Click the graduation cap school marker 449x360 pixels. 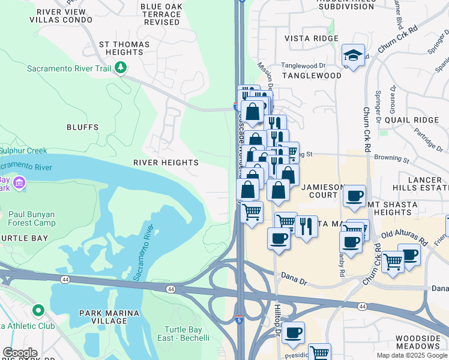click(x=353, y=56)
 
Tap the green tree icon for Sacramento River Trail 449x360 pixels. click(x=121, y=68)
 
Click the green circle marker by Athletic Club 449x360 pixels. click(x=38, y=311)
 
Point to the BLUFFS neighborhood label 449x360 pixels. click(x=82, y=127)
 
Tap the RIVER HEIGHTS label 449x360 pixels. click(x=166, y=163)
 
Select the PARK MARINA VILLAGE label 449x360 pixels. click(x=109, y=317)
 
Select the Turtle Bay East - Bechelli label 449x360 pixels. click(x=187, y=334)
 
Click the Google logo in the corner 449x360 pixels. click(x=20, y=353)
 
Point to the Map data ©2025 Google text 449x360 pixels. click(x=411, y=355)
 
